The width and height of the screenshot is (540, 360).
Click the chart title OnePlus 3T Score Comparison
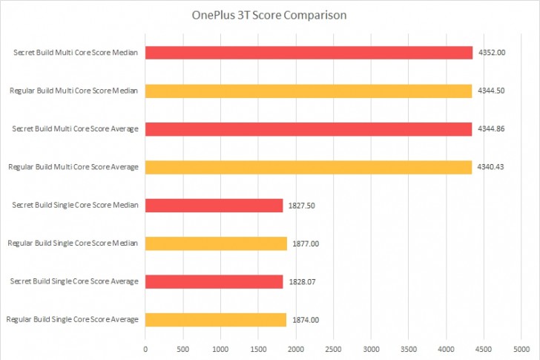(269, 15)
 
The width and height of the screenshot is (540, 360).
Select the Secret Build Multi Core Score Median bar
(309, 53)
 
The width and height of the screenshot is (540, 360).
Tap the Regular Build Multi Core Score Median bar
(309, 91)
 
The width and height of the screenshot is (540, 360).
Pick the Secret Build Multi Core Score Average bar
(309, 129)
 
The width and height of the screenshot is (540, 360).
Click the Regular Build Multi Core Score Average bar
(309, 167)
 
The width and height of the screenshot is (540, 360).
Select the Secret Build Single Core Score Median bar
(214, 206)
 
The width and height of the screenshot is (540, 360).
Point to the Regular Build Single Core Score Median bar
(216, 243)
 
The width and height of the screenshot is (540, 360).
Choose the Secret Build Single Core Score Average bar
(214, 281)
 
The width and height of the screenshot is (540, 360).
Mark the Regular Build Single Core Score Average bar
(216, 319)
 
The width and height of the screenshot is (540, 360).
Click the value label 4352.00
(491, 53)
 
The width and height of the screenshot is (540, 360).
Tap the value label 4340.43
(491, 167)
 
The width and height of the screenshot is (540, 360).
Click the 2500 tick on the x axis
(333, 347)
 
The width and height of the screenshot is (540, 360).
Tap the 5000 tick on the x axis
(521, 347)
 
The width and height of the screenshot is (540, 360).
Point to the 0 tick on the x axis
(145, 347)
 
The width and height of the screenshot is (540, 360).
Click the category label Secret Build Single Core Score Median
(76, 206)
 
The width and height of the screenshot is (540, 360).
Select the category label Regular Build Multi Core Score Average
(73, 167)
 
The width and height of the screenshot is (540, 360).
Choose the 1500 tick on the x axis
(258, 347)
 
